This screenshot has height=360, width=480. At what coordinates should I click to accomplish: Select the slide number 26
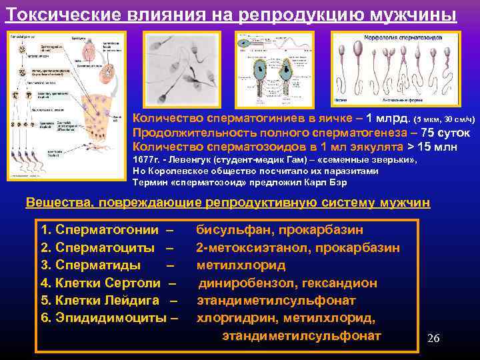pyautogui.click(x=433, y=338)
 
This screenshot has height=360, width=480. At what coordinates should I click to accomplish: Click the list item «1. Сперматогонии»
pyautogui.click(x=99, y=230)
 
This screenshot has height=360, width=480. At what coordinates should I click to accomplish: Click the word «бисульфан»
pyautogui.click(x=231, y=230)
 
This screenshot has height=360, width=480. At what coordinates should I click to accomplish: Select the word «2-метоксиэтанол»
pyautogui.click(x=247, y=248)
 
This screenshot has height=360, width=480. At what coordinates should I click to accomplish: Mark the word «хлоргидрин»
pyautogui.click(x=230, y=318)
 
